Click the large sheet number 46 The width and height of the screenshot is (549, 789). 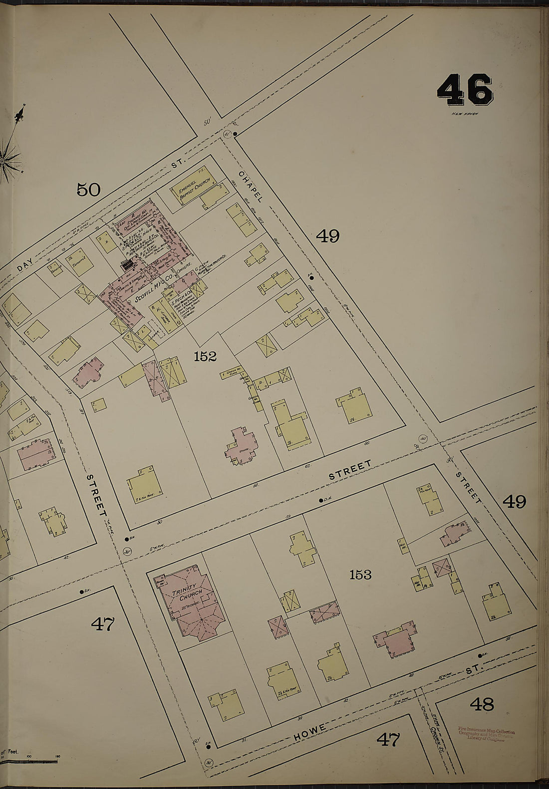[x=465, y=90]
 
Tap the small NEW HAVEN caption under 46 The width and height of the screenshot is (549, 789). [x=465, y=114]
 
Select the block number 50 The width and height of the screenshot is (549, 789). [x=88, y=190]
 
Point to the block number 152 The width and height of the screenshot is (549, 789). [x=206, y=356]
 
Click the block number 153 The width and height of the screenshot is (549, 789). [x=360, y=575]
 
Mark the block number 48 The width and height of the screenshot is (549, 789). [x=482, y=704]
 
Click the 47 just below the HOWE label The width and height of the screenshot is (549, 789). [x=388, y=739]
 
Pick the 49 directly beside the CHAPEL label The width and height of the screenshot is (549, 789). [x=327, y=235]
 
